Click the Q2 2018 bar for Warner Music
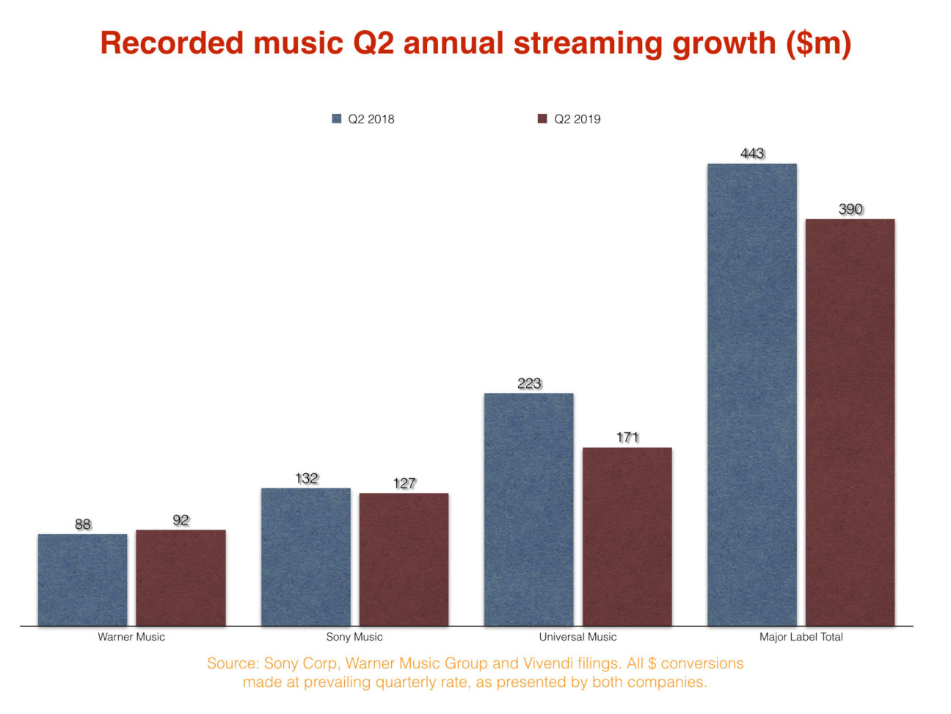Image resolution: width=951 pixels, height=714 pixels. (x=82, y=580)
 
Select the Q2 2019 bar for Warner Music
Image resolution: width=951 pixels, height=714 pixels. (x=181, y=577)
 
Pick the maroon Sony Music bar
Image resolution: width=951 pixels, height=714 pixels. (x=404, y=559)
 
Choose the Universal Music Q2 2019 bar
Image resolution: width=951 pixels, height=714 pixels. (x=627, y=536)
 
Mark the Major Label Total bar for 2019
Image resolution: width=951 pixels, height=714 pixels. (x=850, y=422)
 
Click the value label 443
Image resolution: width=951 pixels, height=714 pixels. (x=752, y=154)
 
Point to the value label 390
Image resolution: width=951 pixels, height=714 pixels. (x=850, y=209)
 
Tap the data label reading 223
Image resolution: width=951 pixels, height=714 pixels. (x=529, y=383)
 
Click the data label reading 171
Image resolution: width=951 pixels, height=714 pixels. (x=627, y=438)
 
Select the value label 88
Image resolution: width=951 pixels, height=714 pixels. (x=83, y=524)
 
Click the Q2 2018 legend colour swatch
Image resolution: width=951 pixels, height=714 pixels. (x=337, y=119)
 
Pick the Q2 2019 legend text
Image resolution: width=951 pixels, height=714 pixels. (x=577, y=119)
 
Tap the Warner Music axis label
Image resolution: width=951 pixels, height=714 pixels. (x=131, y=637)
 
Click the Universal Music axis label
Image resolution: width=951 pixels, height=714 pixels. (x=577, y=637)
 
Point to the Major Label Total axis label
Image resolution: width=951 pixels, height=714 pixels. (x=801, y=637)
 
